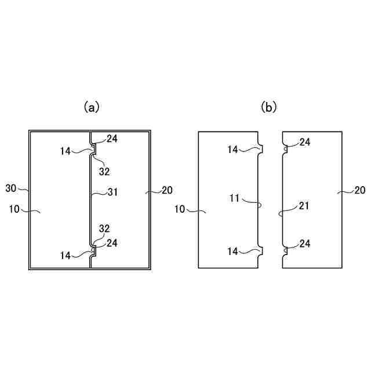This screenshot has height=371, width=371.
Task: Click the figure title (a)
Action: click(x=92, y=107)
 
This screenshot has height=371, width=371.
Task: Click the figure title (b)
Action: click(x=269, y=107)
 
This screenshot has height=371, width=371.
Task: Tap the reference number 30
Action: click(x=11, y=188)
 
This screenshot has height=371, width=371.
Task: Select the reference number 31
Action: click(x=112, y=192)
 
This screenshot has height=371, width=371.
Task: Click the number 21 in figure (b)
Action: click(x=304, y=205)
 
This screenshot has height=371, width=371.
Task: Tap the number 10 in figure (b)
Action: click(x=180, y=209)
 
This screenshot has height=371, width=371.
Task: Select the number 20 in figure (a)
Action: click(x=167, y=190)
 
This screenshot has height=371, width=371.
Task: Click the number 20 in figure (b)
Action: click(x=359, y=190)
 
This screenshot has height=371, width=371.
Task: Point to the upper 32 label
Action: click(x=104, y=172)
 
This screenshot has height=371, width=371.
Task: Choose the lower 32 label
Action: click(x=104, y=228)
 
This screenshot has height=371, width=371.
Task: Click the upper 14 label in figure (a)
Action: click(x=66, y=151)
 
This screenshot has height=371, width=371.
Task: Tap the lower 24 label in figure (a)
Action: click(x=111, y=243)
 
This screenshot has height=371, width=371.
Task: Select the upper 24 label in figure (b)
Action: click(x=304, y=142)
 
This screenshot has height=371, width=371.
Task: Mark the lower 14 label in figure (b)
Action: click(x=233, y=251)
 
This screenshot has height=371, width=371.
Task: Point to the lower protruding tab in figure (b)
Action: click(x=261, y=250)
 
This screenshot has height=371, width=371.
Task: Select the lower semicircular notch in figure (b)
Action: click(x=284, y=250)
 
